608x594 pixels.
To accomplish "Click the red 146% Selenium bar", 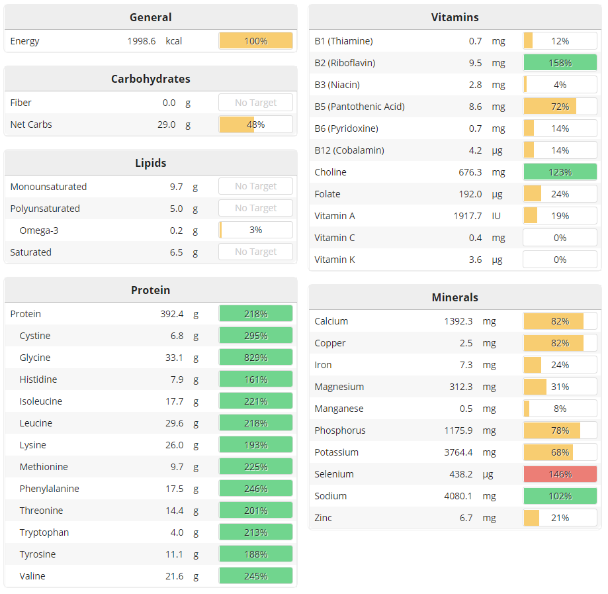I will [x=560, y=474].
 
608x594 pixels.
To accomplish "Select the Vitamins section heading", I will [x=455, y=17].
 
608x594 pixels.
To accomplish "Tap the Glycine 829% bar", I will [x=255, y=358].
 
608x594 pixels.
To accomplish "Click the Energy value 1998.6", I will [x=142, y=41].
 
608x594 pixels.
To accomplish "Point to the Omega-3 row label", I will [x=39, y=230].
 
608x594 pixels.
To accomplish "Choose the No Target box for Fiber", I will [x=255, y=103].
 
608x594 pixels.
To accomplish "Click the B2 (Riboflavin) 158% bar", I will [x=560, y=63].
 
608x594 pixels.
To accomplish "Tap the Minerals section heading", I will [x=455, y=297].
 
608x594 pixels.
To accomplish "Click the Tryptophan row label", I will [x=44, y=532].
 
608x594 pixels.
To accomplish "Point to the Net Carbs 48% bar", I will [x=255, y=124].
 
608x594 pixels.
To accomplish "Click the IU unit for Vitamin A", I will [x=496, y=216].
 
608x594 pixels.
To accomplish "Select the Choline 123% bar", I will [x=560, y=172].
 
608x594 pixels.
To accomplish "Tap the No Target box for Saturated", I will [x=255, y=252].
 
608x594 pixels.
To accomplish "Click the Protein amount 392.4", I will [x=172, y=314].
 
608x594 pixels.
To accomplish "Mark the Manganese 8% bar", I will [x=560, y=409].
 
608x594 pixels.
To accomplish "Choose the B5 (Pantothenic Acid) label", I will [x=359, y=107].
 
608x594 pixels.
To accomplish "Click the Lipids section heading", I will [x=150, y=163].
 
